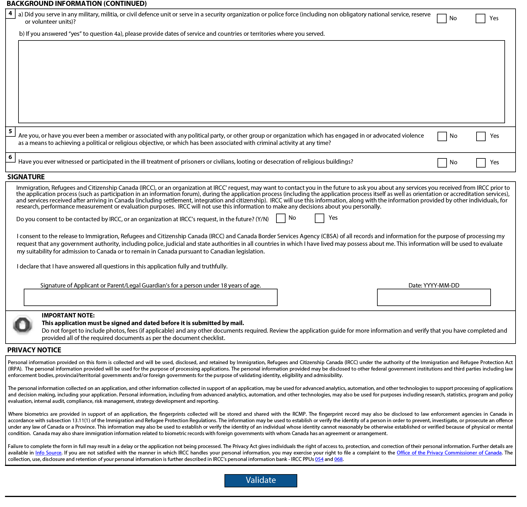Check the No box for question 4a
[x=442, y=18]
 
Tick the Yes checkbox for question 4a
[x=480, y=18]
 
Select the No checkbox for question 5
[x=442, y=136]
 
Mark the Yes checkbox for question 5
[x=481, y=136]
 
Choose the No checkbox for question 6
[x=442, y=163]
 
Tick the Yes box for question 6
[x=481, y=163]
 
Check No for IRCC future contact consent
[x=281, y=218]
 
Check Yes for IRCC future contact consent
[x=319, y=218]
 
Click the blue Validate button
[x=261, y=480]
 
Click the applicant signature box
[x=151, y=297]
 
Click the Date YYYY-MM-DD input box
[x=434, y=297]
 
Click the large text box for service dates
[x=261, y=82]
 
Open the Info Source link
[x=48, y=453]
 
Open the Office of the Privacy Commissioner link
[x=449, y=453]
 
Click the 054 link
[x=319, y=459]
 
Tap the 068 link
[x=338, y=459]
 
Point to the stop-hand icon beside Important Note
[x=23, y=325]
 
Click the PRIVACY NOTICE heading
[x=34, y=350]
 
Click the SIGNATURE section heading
[x=26, y=177]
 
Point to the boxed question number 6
[x=10, y=157]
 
